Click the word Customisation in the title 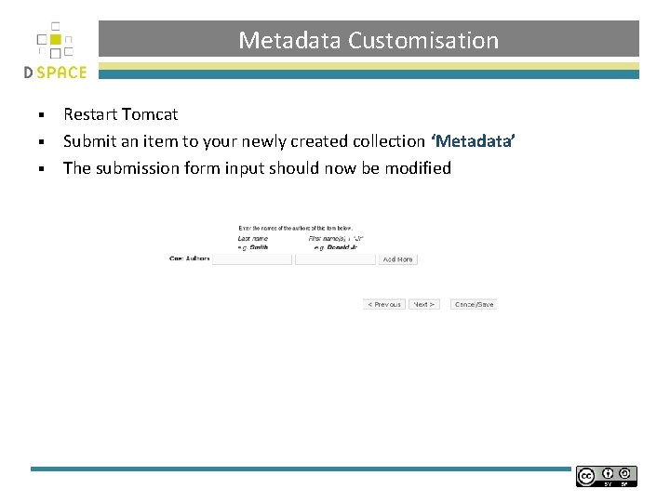tap(423, 41)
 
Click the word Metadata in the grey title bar tap(290, 41)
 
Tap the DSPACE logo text tap(56, 73)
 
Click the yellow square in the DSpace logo tap(56, 39)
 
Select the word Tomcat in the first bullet tap(149, 114)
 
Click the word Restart tap(89, 114)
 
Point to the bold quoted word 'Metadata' tap(473, 141)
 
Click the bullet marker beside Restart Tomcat tap(42, 115)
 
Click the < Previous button tap(384, 304)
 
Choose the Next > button tap(424, 304)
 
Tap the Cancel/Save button tap(474, 304)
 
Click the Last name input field tap(252, 259)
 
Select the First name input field tap(335, 259)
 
